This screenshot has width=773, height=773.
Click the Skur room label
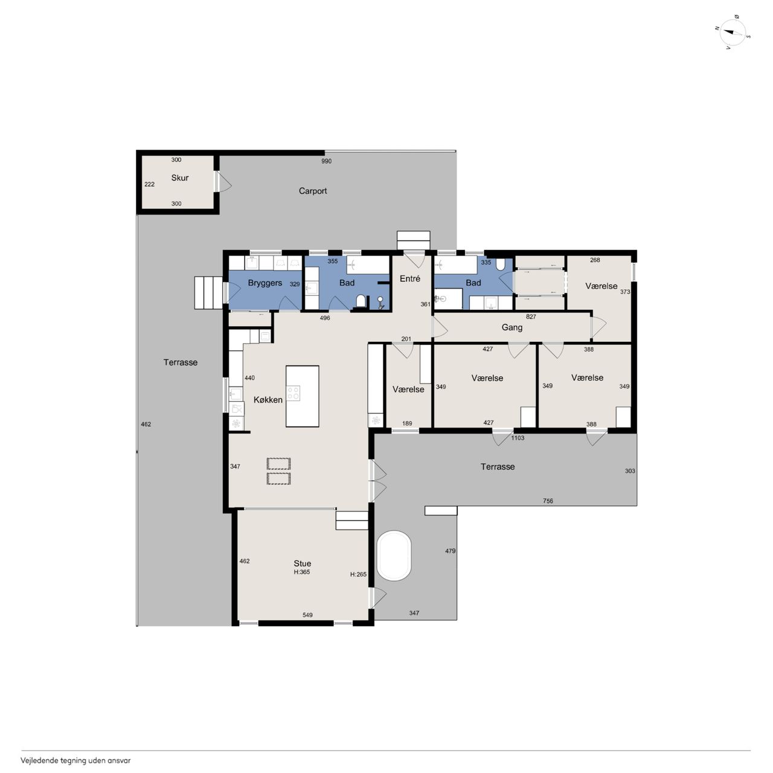click(180, 178)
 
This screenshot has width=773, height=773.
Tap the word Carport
click(312, 191)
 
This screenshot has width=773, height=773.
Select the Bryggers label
click(265, 283)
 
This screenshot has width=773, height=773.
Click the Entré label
click(410, 279)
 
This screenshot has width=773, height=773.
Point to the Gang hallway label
click(512, 328)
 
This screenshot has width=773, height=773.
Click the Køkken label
click(268, 400)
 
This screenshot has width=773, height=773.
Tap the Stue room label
click(302, 563)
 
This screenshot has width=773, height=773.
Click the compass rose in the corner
click(733, 32)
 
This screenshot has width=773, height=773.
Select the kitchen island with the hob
click(302, 396)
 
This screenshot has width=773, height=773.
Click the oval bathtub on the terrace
click(394, 556)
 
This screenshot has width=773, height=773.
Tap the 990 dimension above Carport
click(326, 161)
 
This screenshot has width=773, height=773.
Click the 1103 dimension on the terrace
click(518, 438)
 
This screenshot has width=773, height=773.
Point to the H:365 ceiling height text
click(302, 573)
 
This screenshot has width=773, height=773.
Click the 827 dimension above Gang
click(531, 317)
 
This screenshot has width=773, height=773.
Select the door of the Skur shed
click(223, 181)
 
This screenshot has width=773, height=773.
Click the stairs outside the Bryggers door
click(208, 293)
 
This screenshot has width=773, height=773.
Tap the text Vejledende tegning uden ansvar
click(75, 760)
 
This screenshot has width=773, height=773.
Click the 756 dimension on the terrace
click(548, 501)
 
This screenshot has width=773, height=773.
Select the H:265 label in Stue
click(358, 574)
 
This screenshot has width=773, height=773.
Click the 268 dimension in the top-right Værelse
click(595, 260)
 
